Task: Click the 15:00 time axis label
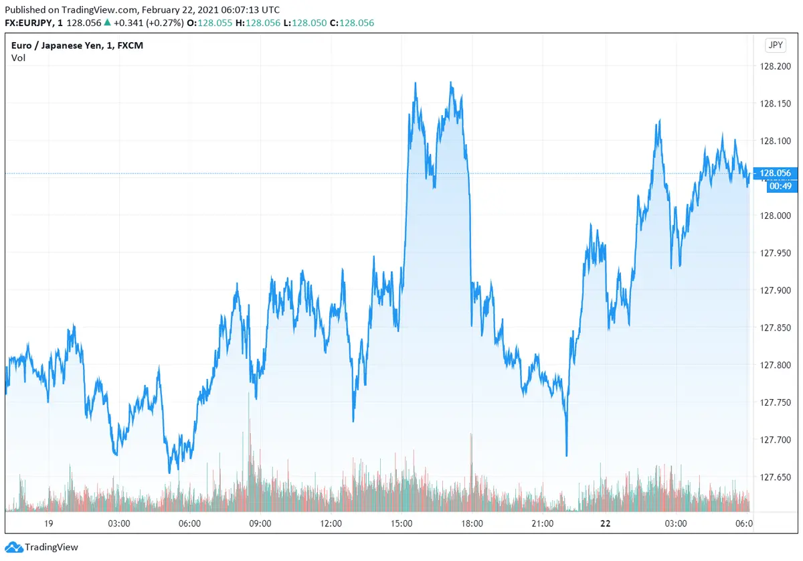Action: (401, 524)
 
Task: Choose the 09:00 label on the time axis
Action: (260, 524)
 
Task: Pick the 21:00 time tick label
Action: (543, 524)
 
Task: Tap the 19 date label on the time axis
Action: (48, 524)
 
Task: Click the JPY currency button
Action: (775, 46)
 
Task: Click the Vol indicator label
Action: (19, 58)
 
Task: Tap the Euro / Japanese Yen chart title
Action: (77, 46)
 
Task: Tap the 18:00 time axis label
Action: (472, 524)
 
